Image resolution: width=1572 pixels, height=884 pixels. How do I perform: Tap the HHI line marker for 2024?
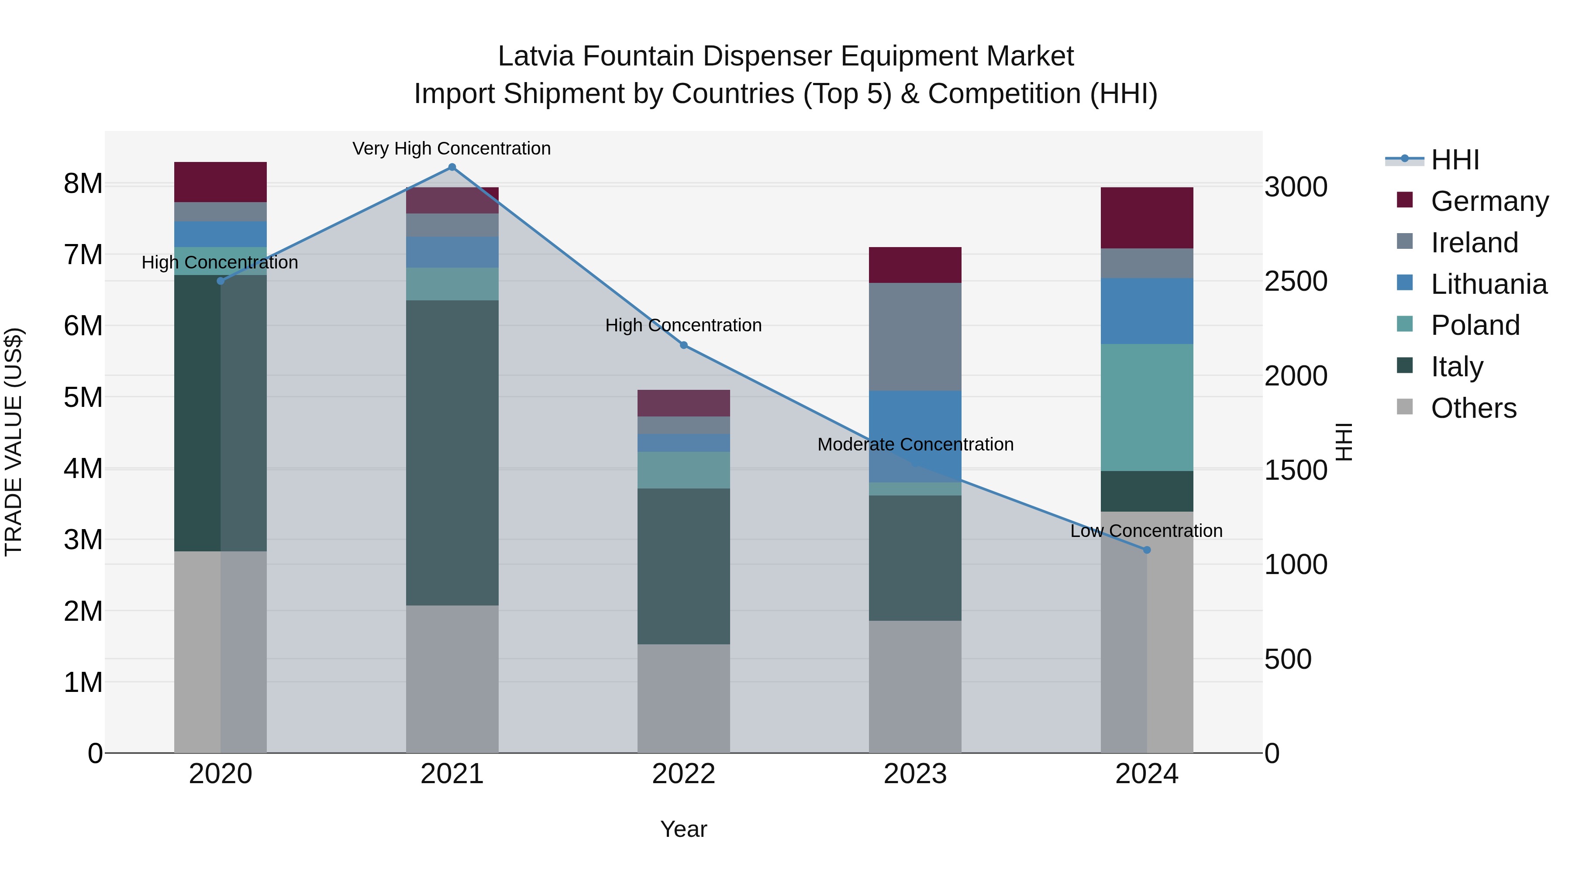pyautogui.click(x=1146, y=550)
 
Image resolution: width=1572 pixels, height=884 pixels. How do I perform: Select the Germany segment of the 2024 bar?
pyautogui.click(x=1146, y=218)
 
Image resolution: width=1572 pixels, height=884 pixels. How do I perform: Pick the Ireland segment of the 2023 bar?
pyautogui.click(x=915, y=336)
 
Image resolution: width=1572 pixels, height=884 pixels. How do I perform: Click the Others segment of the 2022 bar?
pyautogui.click(x=683, y=698)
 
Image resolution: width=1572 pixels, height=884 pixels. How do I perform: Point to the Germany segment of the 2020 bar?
pyautogui.click(x=221, y=182)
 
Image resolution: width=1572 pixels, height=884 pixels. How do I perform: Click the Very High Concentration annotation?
pyautogui.click(x=452, y=148)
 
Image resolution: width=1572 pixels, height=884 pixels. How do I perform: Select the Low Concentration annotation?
pyautogui.click(x=1146, y=531)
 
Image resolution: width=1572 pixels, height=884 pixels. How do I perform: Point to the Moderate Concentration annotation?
pyautogui.click(x=915, y=444)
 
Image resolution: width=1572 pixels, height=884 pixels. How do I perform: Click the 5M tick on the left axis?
pyautogui.click(x=83, y=397)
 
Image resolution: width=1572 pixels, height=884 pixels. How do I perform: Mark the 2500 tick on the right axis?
pyautogui.click(x=1295, y=281)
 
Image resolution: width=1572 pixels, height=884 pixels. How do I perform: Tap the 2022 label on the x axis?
pyautogui.click(x=683, y=774)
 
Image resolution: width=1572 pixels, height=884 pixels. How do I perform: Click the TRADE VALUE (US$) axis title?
pyautogui.click(x=14, y=442)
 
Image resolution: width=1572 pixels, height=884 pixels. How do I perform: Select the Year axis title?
pyautogui.click(x=683, y=829)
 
